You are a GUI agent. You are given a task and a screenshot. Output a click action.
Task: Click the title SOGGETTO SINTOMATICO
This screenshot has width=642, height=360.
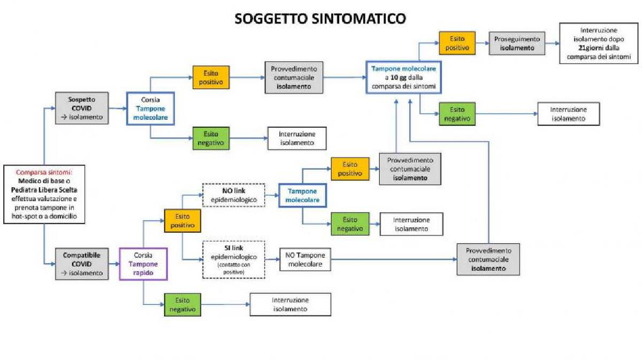coord(320,19)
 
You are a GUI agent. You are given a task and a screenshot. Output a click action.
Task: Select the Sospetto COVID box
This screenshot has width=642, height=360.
coord(82,108)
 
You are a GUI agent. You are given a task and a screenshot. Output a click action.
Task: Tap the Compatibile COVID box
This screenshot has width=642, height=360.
coord(82,264)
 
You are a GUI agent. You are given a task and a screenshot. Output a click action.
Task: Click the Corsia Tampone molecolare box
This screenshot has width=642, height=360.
coord(150,109)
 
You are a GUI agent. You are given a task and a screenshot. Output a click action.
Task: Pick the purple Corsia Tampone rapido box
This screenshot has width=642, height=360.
coord(143,264)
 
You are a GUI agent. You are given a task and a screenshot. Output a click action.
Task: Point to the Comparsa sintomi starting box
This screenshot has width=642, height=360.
coord(44,194)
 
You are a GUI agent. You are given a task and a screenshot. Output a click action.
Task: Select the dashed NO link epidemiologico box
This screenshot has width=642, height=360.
coord(234,195)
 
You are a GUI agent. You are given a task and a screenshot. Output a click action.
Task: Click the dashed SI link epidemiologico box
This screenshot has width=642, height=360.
coord(234,259)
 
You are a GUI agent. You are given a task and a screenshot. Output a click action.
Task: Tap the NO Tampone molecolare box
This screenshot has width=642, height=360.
coord(305,259)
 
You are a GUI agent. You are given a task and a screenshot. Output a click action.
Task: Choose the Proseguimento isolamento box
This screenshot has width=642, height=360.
coord(517,43)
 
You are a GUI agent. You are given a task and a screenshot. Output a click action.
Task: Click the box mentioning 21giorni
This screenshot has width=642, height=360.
coord(599,43)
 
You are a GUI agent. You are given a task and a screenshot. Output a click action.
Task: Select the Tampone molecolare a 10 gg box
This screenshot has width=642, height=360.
coord(403,78)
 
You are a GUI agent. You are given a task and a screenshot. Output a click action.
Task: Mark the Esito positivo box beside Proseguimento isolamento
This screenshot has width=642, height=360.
coord(457,43)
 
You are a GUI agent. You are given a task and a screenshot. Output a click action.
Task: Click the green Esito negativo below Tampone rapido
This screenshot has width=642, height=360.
coord(182,305)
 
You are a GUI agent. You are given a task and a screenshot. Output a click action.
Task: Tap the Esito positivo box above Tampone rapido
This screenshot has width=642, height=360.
coord(182,221)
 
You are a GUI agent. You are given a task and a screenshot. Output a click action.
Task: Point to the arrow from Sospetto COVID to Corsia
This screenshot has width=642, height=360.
coord(118,109)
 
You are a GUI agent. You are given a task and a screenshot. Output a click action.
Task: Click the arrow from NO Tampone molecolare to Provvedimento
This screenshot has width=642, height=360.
coord(394,259)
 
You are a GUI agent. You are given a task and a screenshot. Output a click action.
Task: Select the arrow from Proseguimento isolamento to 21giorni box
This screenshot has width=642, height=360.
coord(552,43)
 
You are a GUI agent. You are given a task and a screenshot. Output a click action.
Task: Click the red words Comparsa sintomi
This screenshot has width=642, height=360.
coord(44,172)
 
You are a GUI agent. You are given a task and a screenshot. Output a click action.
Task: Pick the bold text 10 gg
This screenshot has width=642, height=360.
coord(399,78)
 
